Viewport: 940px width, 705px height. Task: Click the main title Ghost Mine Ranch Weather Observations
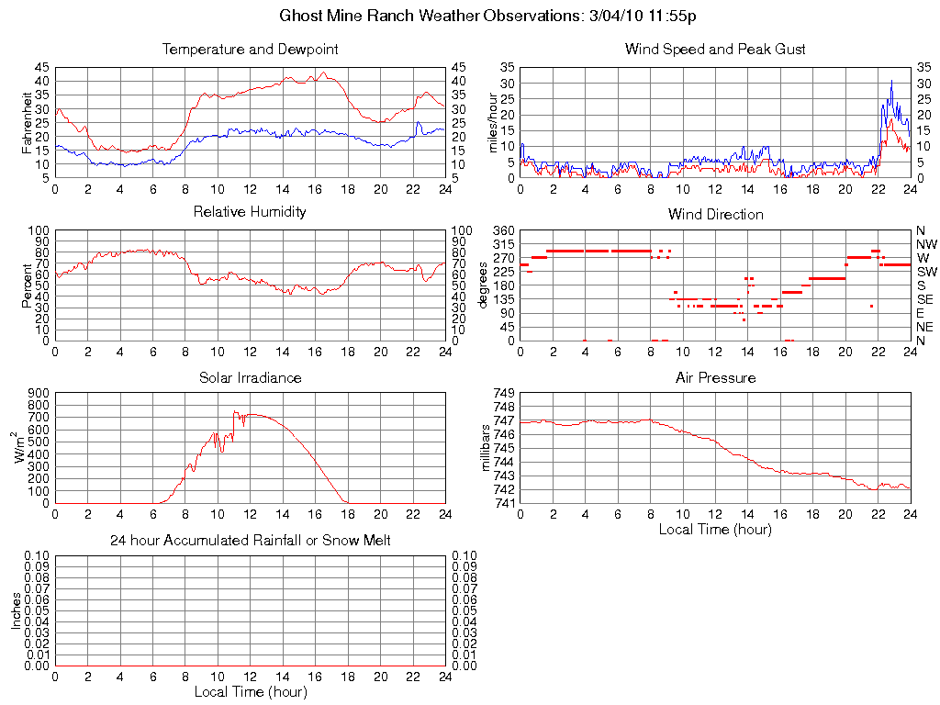tap(486, 17)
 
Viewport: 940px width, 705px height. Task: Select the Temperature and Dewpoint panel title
tap(250, 50)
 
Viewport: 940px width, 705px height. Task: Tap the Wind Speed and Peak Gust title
tap(715, 50)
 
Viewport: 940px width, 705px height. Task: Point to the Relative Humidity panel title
tap(250, 212)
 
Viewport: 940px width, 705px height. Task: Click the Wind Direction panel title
tap(715, 215)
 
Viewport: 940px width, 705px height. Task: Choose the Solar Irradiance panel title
tap(250, 378)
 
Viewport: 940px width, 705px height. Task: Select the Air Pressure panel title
tap(715, 378)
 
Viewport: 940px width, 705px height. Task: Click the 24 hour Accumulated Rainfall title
tap(250, 541)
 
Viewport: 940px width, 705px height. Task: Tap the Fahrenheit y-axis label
tap(28, 121)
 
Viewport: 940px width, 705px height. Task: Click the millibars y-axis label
tap(488, 447)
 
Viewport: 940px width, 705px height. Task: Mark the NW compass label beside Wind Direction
tap(925, 244)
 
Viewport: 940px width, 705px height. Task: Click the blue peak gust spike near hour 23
tap(891, 83)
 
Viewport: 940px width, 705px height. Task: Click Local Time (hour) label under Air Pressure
tap(715, 529)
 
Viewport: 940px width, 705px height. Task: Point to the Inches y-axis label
tap(17, 610)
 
